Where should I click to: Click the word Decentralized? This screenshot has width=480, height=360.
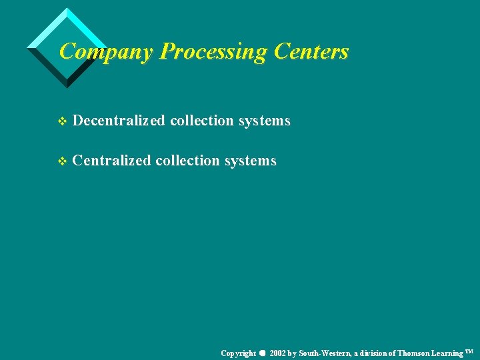pos(119,121)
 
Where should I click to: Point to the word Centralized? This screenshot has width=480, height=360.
pos(111,161)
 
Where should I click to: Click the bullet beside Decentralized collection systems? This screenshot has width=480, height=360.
pos(63,121)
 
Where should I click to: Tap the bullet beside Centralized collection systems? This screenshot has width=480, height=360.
pos(63,161)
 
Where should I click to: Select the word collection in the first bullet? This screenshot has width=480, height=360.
pos(201,121)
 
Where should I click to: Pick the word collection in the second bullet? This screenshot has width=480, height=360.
pos(187,161)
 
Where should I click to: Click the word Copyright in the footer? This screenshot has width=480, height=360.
pos(239,353)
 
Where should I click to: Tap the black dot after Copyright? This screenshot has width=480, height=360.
pos(263,353)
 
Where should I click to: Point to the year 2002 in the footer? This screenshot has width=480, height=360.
pos(278,353)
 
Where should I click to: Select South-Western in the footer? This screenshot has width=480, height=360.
pos(325,353)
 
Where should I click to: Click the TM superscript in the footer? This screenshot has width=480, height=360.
pos(469,350)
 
